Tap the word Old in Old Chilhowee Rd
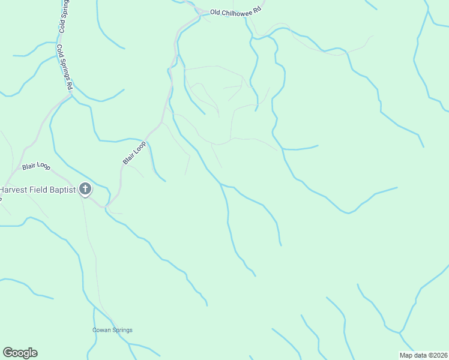215,12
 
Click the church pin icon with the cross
85,190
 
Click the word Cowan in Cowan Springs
101,330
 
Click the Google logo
20,353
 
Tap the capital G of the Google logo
8,353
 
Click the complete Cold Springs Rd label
65,67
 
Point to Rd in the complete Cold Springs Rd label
70,86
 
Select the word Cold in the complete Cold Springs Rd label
60,50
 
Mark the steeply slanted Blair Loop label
134,153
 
